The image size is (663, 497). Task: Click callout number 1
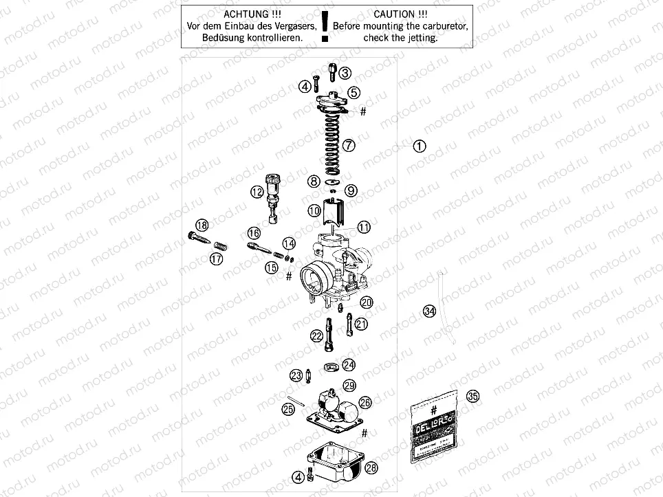420,146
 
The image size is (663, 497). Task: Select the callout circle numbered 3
345,74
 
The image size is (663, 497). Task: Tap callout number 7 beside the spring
349,146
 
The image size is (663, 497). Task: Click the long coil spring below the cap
329,141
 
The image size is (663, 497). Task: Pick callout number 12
257,192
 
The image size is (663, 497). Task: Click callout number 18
202,225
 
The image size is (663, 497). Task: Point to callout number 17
217,259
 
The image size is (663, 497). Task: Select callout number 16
254,233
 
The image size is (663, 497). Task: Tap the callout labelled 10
314,210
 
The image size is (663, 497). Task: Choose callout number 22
317,335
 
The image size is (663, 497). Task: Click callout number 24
349,364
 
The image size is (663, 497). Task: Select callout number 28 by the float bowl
371,468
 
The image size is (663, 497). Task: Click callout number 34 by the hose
430,311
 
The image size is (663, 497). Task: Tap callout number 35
472,396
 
